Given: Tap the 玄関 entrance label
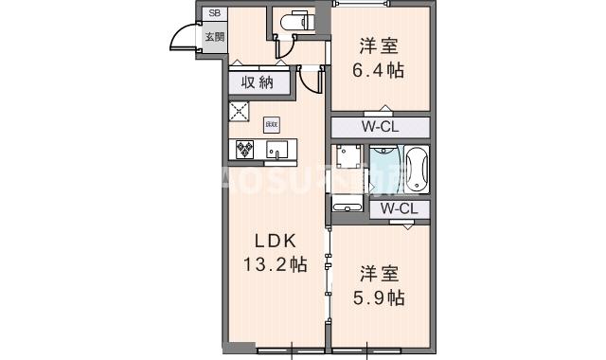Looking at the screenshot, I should click(x=214, y=37).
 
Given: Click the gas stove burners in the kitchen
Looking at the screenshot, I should click(x=244, y=149).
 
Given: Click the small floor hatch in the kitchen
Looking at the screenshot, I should click(x=271, y=124).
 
